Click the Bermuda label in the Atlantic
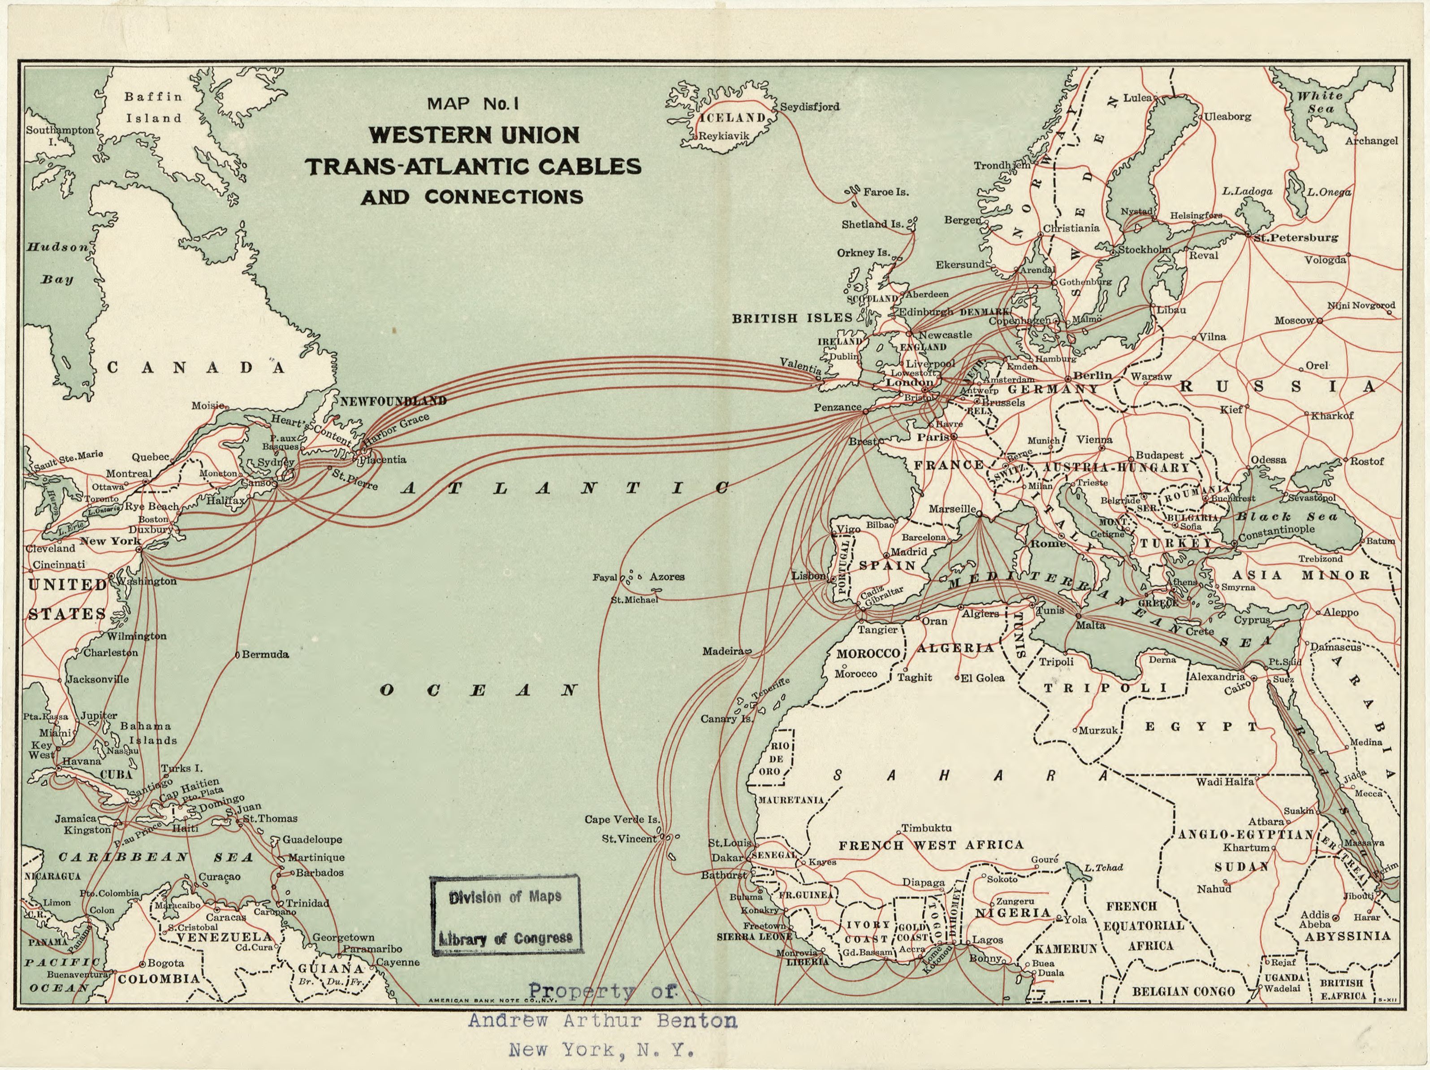click(265, 654)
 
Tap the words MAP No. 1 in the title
click(473, 104)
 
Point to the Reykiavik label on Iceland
click(724, 136)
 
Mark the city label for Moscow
click(1294, 320)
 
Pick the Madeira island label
click(723, 651)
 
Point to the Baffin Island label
click(154, 107)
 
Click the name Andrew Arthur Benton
click(602, 1021)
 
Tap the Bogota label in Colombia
click(166, 963)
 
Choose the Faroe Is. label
click(886, 192)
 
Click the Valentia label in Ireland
click(800, 365)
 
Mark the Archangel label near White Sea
click(1371, 141)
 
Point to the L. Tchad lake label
click(1103, 867)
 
